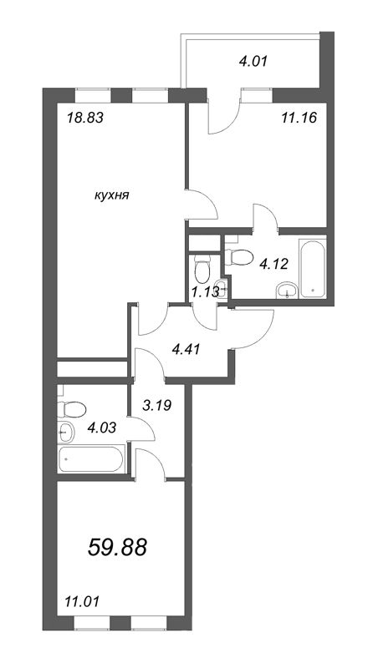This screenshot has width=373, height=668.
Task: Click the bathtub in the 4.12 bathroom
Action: [x=313, y=268]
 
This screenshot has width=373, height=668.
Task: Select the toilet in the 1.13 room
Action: [x=201, y=269]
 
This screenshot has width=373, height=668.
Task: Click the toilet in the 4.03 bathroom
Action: [x=72, y=408]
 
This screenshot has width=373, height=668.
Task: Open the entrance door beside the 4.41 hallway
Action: [x=254, y=328]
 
